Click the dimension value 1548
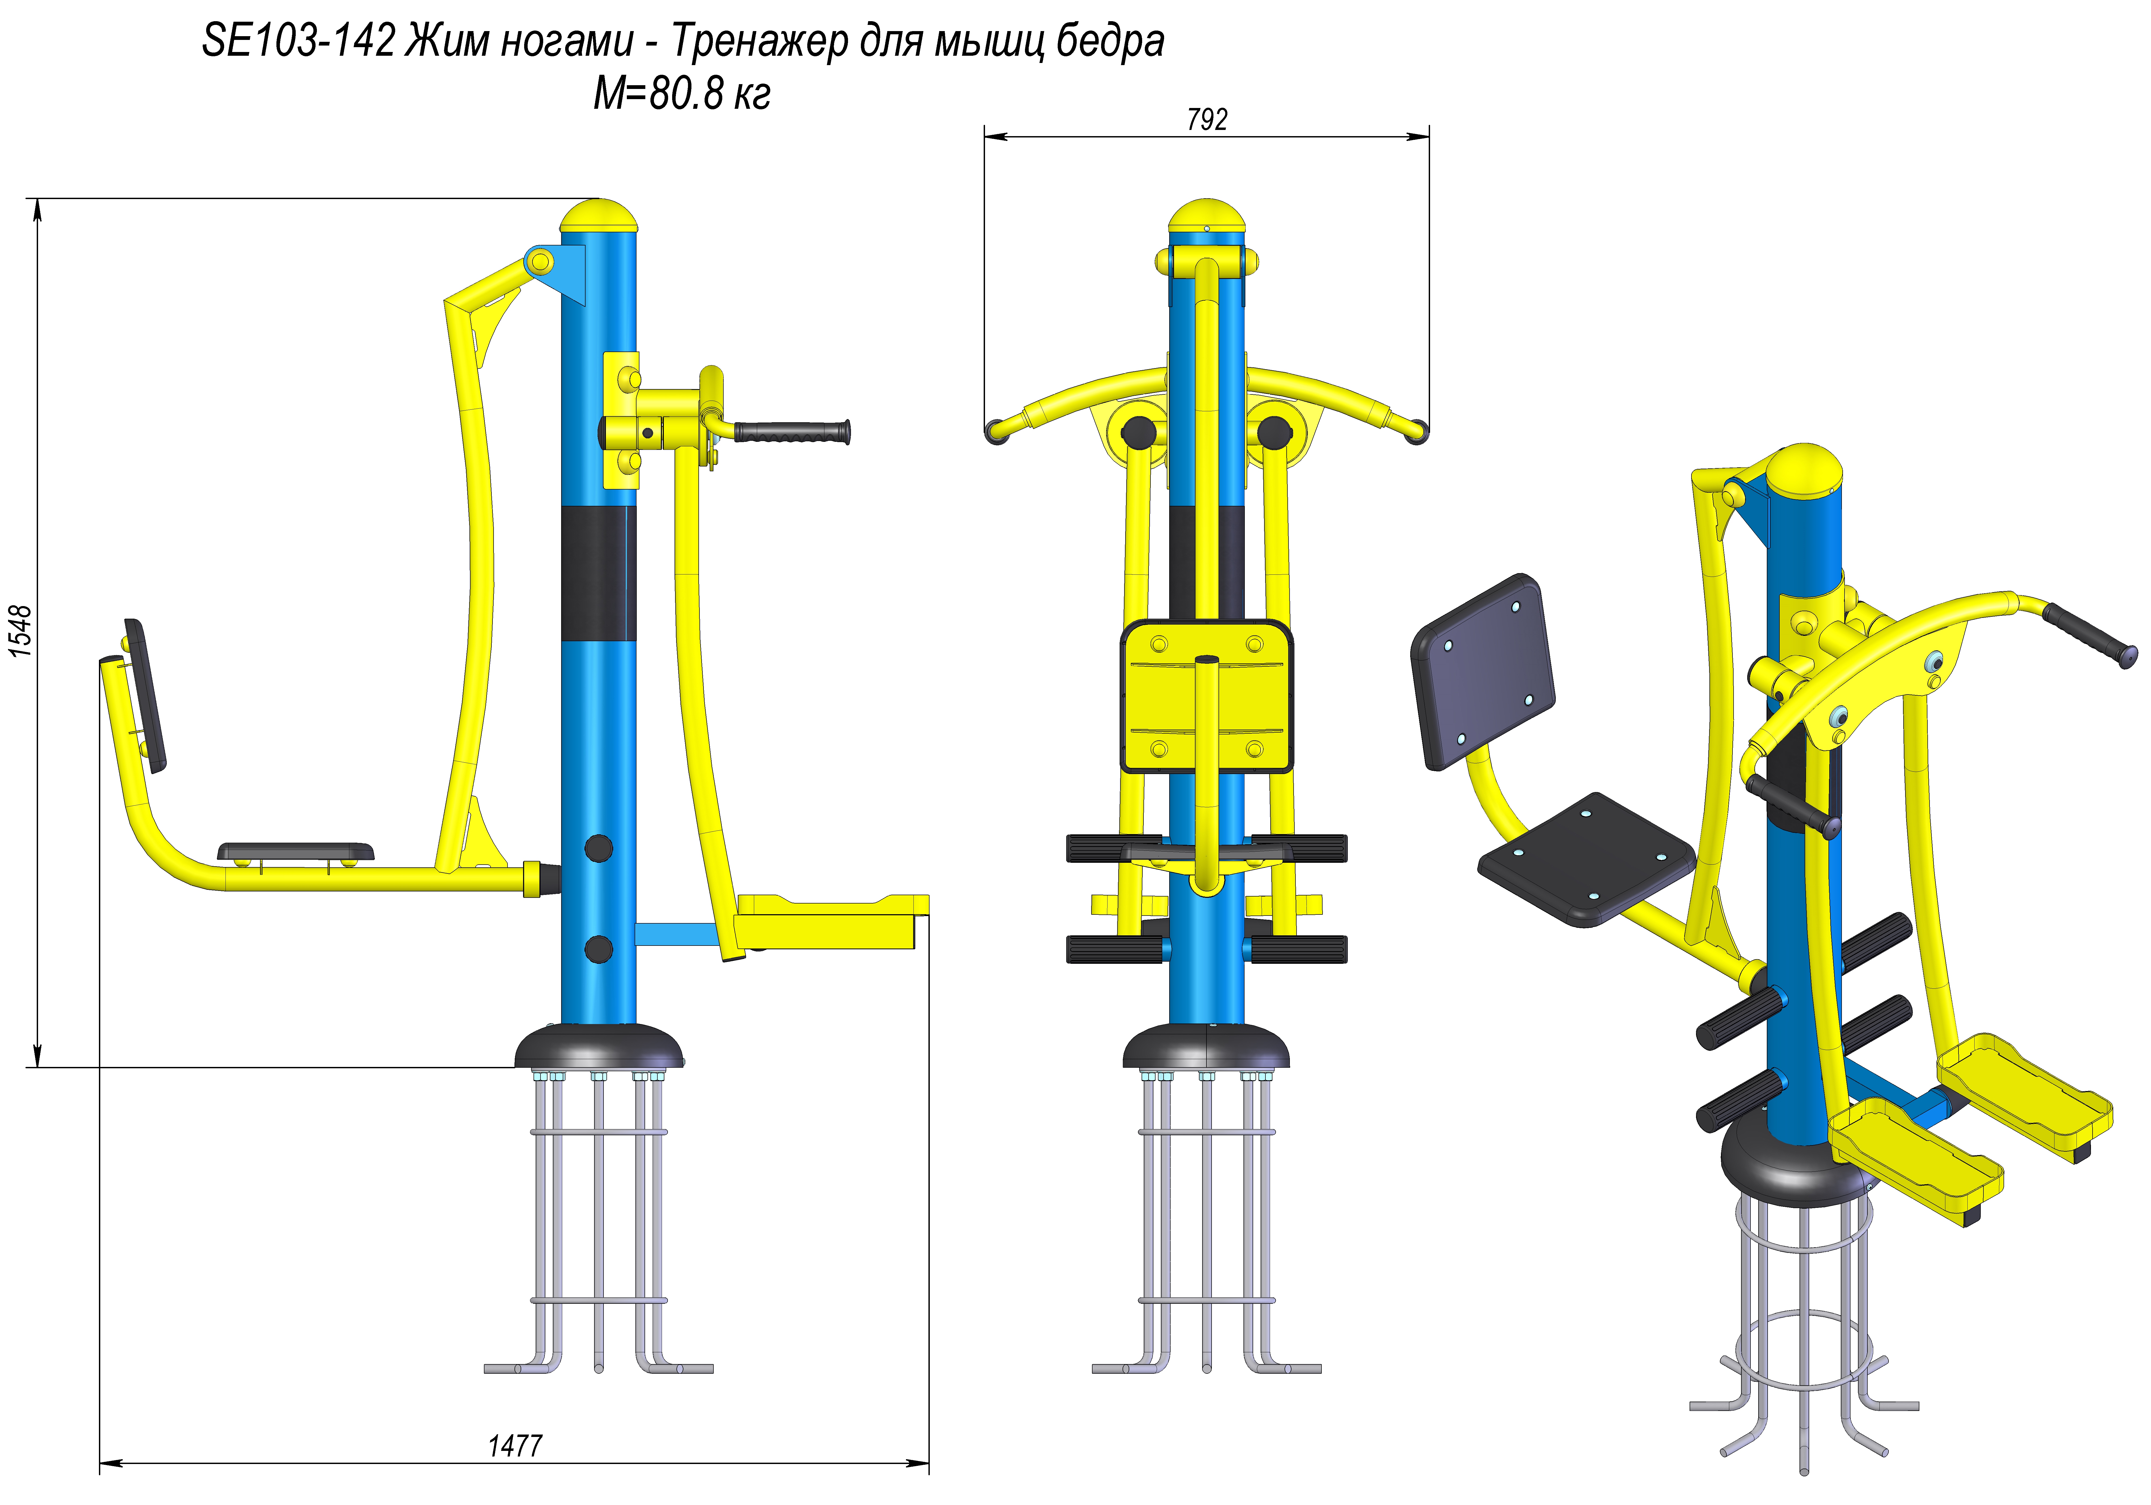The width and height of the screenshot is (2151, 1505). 21,631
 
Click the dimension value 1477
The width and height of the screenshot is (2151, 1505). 514,1445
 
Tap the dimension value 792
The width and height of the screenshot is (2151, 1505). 1207,120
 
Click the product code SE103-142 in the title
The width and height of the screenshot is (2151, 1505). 298,41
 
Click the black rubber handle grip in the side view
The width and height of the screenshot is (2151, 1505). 793,432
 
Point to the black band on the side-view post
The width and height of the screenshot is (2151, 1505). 599,573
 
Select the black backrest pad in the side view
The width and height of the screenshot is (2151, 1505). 145,696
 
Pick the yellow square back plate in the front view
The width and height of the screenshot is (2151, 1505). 1207,696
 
